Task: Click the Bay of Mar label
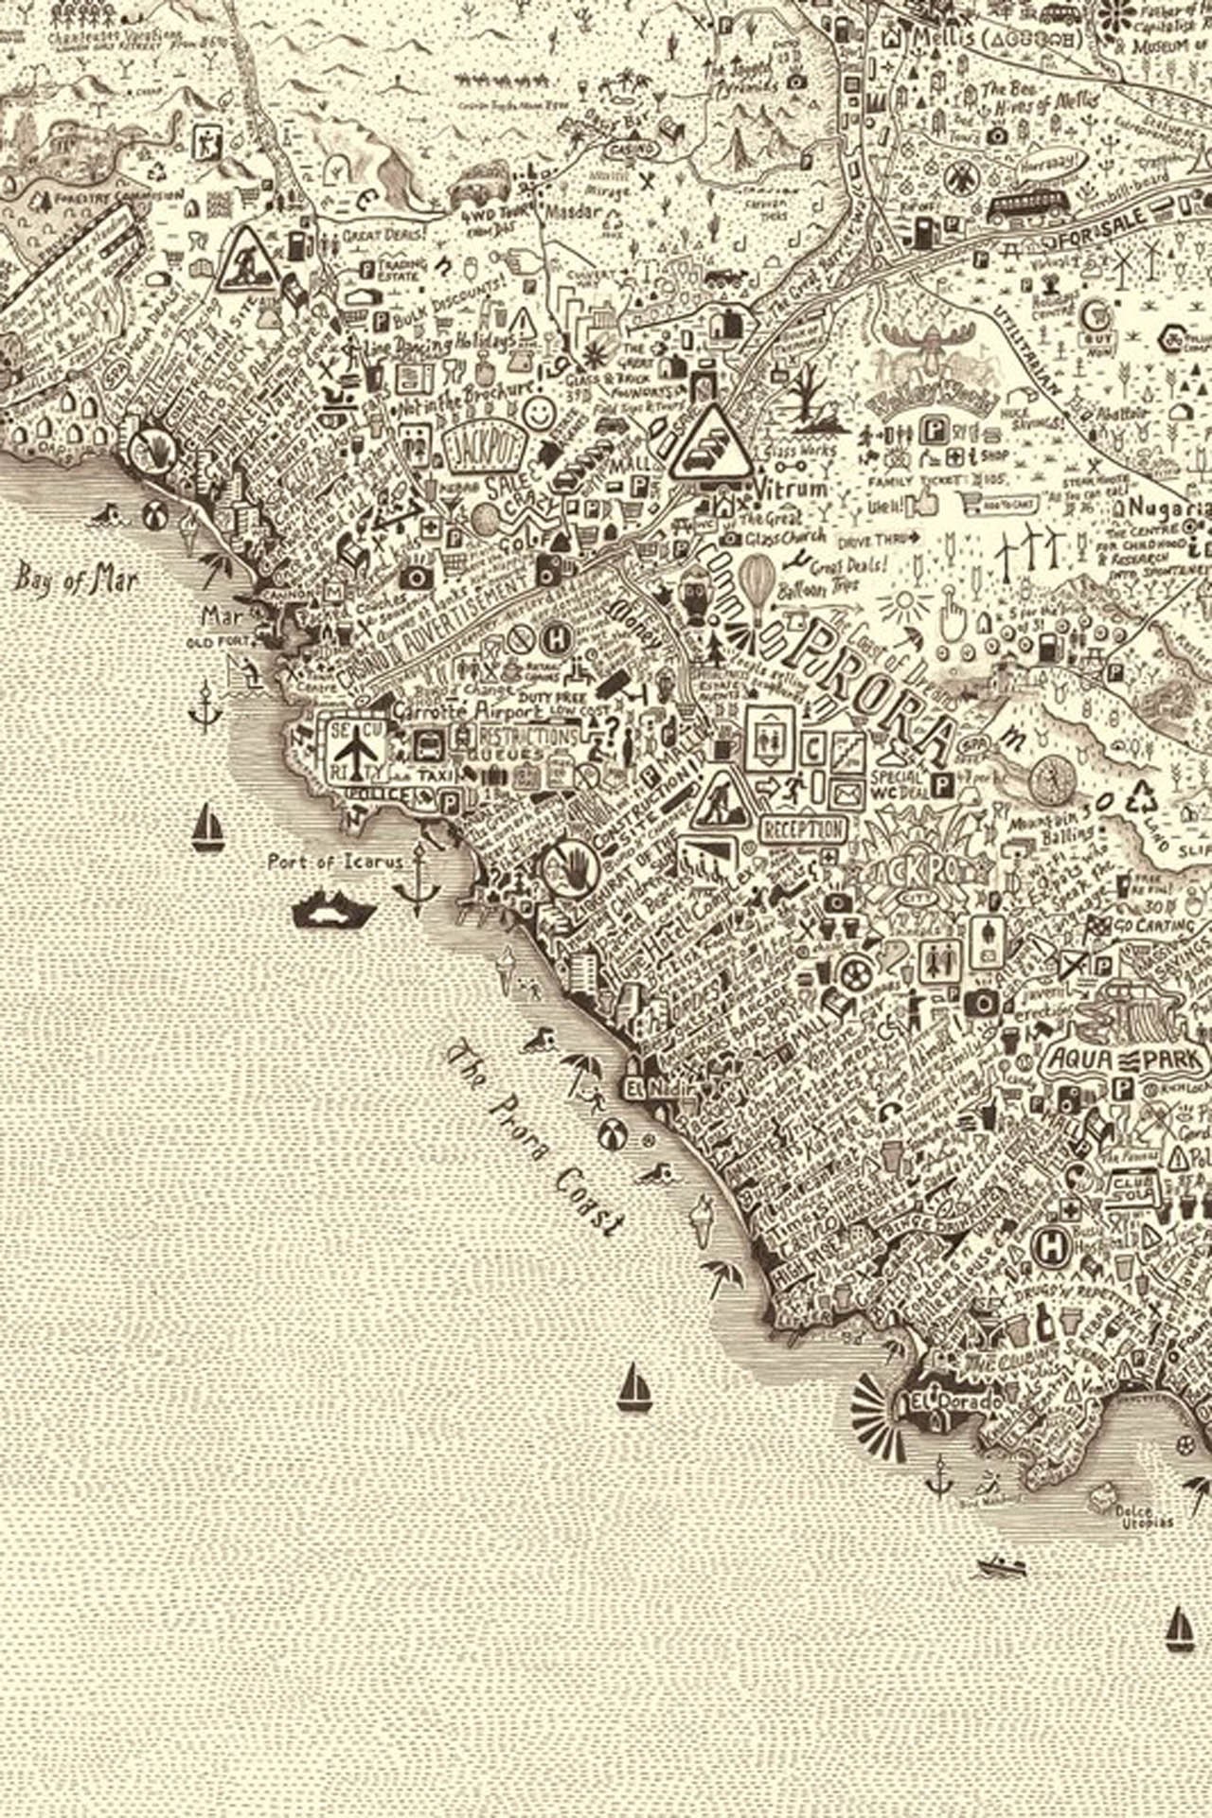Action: coord(76,579)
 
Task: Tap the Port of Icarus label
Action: coord(335,862)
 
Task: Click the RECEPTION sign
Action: coord(802,829)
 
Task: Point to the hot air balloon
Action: coord(757,579)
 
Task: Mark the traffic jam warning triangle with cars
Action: coord(711,442)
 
